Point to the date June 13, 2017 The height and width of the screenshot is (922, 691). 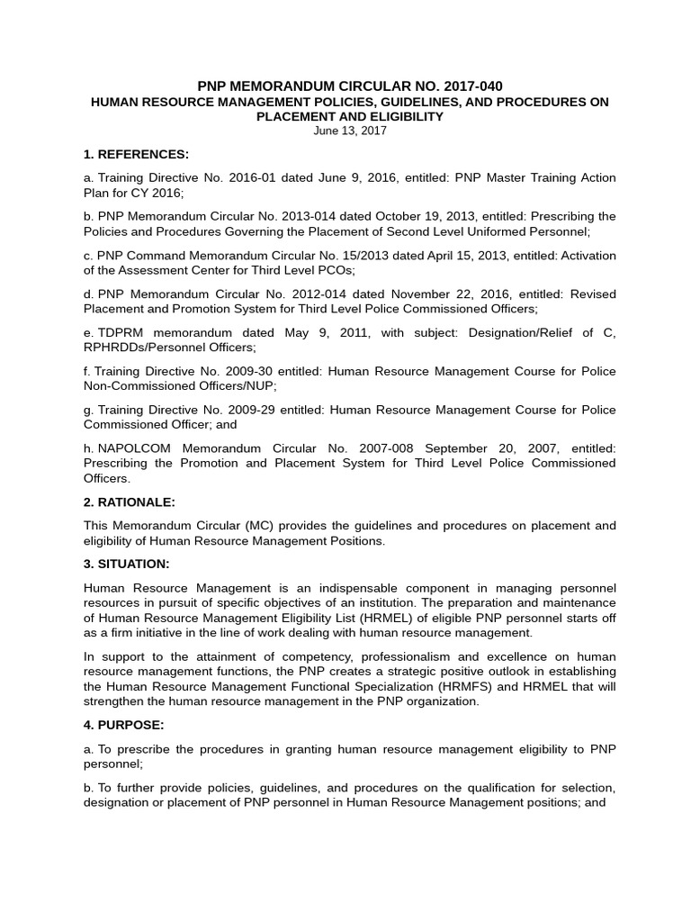350,131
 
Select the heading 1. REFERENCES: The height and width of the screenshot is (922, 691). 136,154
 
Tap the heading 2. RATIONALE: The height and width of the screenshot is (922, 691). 130,502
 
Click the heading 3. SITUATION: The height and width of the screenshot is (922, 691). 126,564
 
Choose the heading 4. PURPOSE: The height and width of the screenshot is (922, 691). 123,724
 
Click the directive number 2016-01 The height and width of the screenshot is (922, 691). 248,178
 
